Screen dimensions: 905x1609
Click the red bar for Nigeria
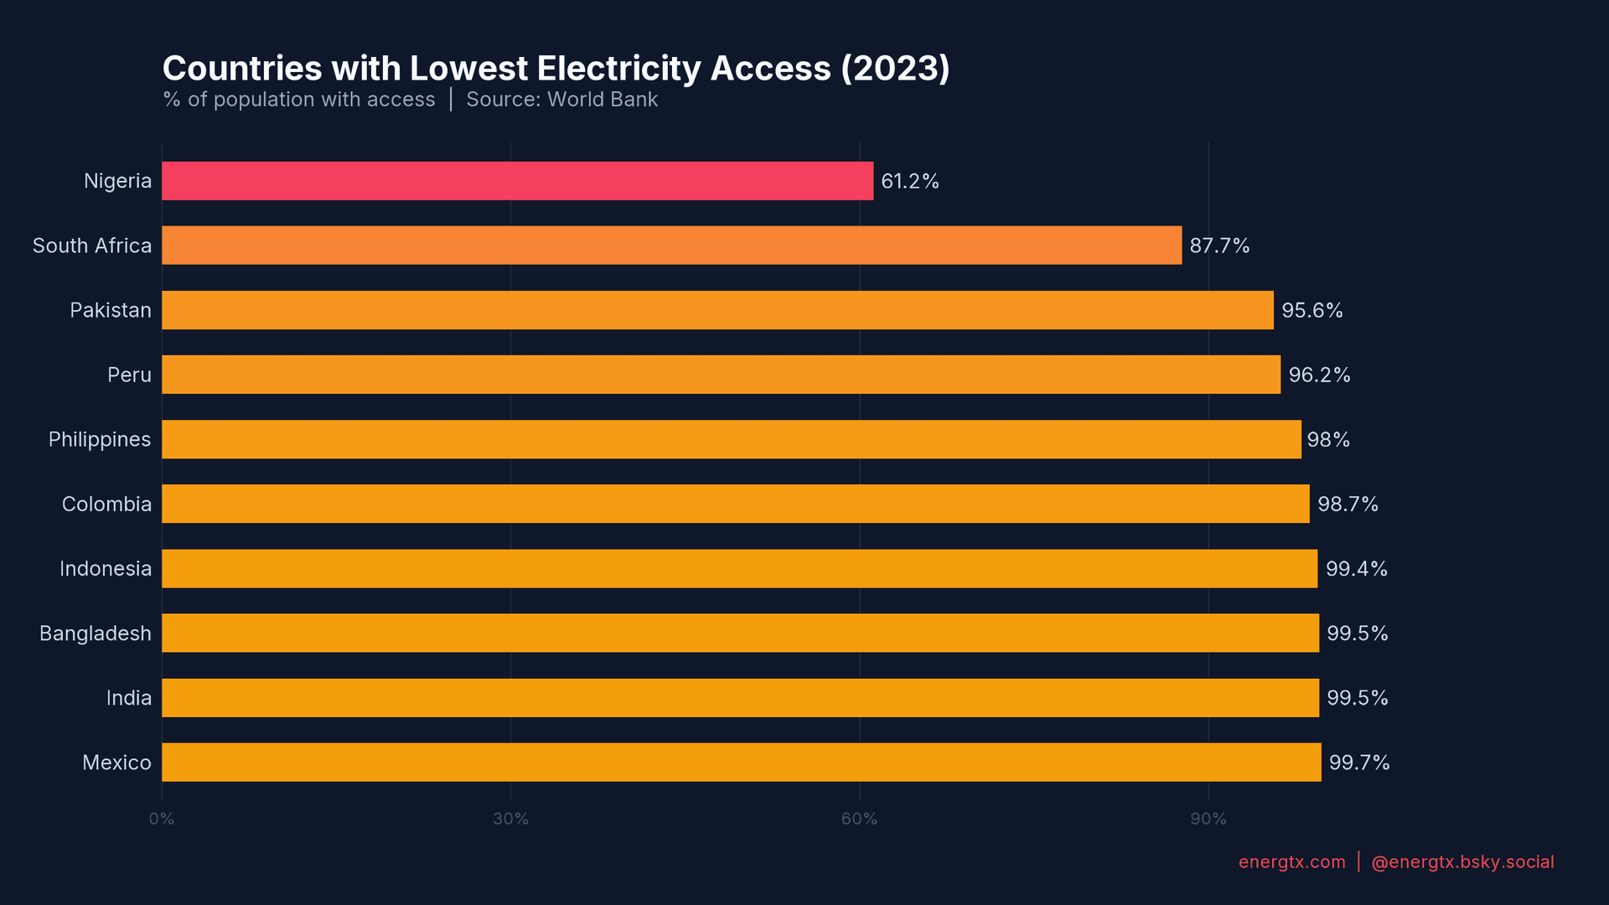coord(517,181)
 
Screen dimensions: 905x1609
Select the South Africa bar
coord(671,246)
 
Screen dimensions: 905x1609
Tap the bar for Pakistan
coord(717,310)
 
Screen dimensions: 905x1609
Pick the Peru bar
coord(721,375)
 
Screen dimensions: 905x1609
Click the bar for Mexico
coord(741,763)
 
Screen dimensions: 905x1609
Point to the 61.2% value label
coord(909,181)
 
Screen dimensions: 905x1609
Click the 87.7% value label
coord(1219,246)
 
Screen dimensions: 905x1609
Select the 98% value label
coord(1328,440)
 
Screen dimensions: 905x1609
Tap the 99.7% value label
coord(1359,763)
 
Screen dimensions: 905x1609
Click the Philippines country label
coord(100,440)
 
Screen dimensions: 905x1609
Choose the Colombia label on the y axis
coord(106,504)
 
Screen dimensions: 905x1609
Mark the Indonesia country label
coord(106,569)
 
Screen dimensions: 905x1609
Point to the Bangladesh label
coord(96,633)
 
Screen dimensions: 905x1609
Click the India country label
coord(129,698)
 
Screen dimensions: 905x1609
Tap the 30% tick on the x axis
coord(510,819)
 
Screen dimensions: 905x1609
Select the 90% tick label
coord(1208,819)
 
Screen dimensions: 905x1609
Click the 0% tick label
coord(162,819)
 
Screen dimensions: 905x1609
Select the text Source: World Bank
coord(561,100)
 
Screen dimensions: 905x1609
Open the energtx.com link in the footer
coord(1291,862)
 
